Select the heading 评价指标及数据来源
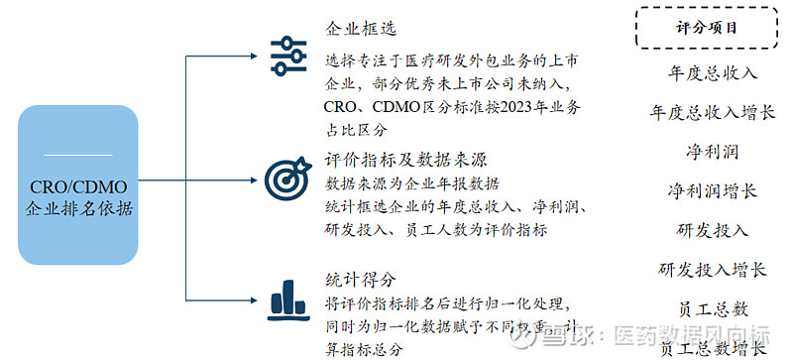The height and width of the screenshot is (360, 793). pyautogui.click(x=405, y=159)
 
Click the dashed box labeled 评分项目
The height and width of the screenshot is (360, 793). pyautogui.click(x=706, y=28)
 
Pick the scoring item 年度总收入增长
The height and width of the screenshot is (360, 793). pyautogui.click(x=712, y=112)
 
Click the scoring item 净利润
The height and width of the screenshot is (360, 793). pyautogui.click(x=712, y=152)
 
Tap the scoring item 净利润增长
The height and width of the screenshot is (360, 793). pyautogui.click(x=712, y=190)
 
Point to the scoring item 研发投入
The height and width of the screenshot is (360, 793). pyautogui.click(x=712, y=230)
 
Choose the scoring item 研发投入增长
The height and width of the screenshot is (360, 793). pyautogui.click(x=712, y=269)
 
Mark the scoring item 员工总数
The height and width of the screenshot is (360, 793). pyautogui.click(x=712, y=308)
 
